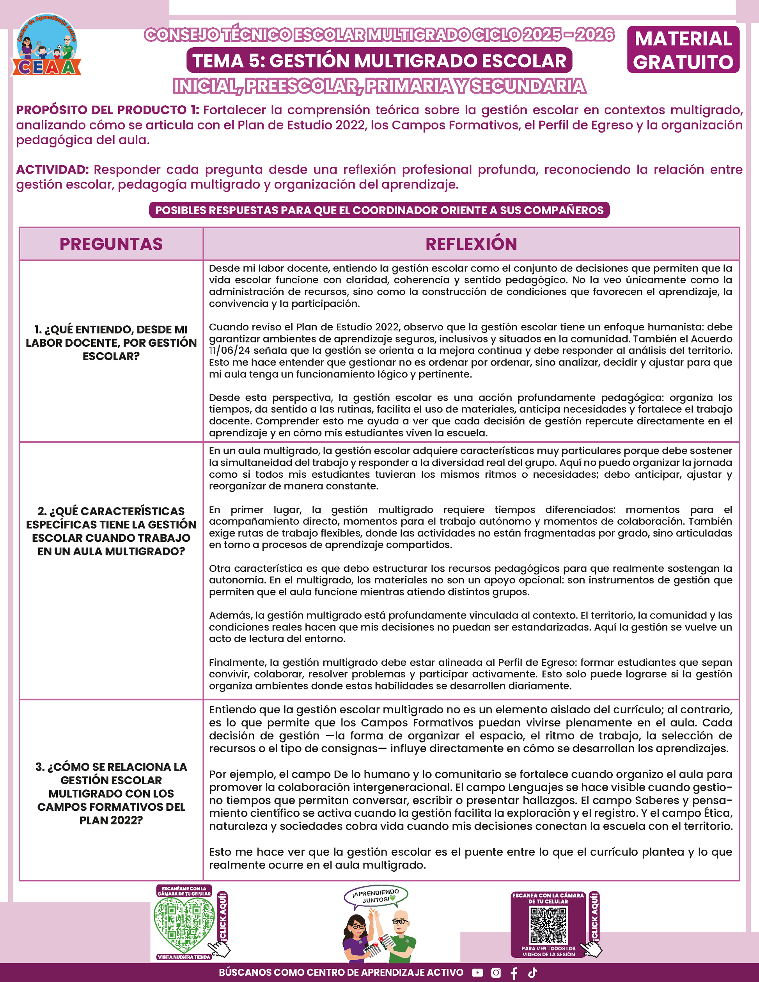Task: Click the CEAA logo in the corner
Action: pyautogui.click(x=46, y=45)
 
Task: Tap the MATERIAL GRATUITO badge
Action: pyautogui.click(x=683, y=50)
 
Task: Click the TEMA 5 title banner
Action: pyautogui.click(x=379, y=61)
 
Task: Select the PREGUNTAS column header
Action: pyautogui.click(x=111, y=244)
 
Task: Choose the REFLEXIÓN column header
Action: pyautogui.click(x=471, y=244)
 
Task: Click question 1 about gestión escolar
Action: pyautogui.click(x=111, y=343)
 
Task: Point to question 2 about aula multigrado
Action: pyautogui.click(x=111, y=531)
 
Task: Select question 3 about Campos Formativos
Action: pyautogui.click(x=111, y=793)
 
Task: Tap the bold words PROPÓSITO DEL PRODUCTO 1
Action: pyautogui.click(x=108, y=110)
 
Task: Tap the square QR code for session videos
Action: pyautogui.click(x=548, y=925)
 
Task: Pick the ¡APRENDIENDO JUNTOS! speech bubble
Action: pyautogui.click(x=376, y=896)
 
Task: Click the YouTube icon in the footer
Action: pyautogui.click(x=477, y=973)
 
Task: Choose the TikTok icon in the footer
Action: pyautogui.click(x=533, y=973)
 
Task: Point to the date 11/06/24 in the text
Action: pyautogui.click(x=229, y=351)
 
